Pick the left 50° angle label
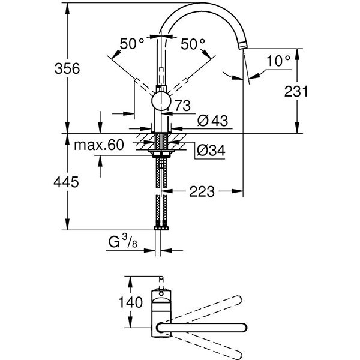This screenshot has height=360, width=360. tap(132, 44)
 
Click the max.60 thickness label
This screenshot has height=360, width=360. tap(98, 145)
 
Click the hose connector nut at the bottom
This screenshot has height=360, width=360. tap(161, 228)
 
